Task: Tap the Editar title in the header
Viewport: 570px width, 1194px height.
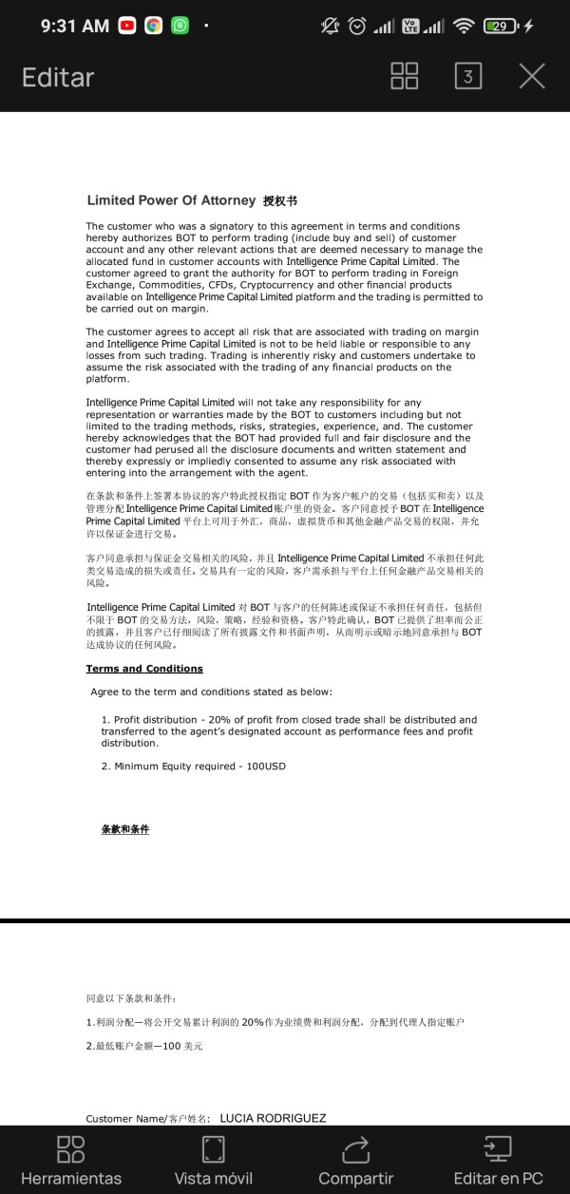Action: click(58, 77)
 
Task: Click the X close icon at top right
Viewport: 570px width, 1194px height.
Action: click(532, 77)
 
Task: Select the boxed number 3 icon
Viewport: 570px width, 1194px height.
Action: click(467, 77)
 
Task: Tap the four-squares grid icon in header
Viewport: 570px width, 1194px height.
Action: click(405, 77)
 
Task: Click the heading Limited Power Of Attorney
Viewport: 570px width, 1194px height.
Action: click(171, 200)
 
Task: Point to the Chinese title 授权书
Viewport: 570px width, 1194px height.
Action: click(280, 201)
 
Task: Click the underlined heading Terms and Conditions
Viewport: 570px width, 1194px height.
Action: click(144, 669)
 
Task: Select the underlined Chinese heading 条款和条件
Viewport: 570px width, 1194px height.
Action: click(125, 829)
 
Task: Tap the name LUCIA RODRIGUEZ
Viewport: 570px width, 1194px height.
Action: click(273, 1118)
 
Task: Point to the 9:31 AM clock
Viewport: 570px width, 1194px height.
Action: click(75, 27)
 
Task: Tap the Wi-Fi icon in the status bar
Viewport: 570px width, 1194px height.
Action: click(464, 27)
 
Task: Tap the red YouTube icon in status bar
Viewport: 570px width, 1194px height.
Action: click(127, 27)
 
